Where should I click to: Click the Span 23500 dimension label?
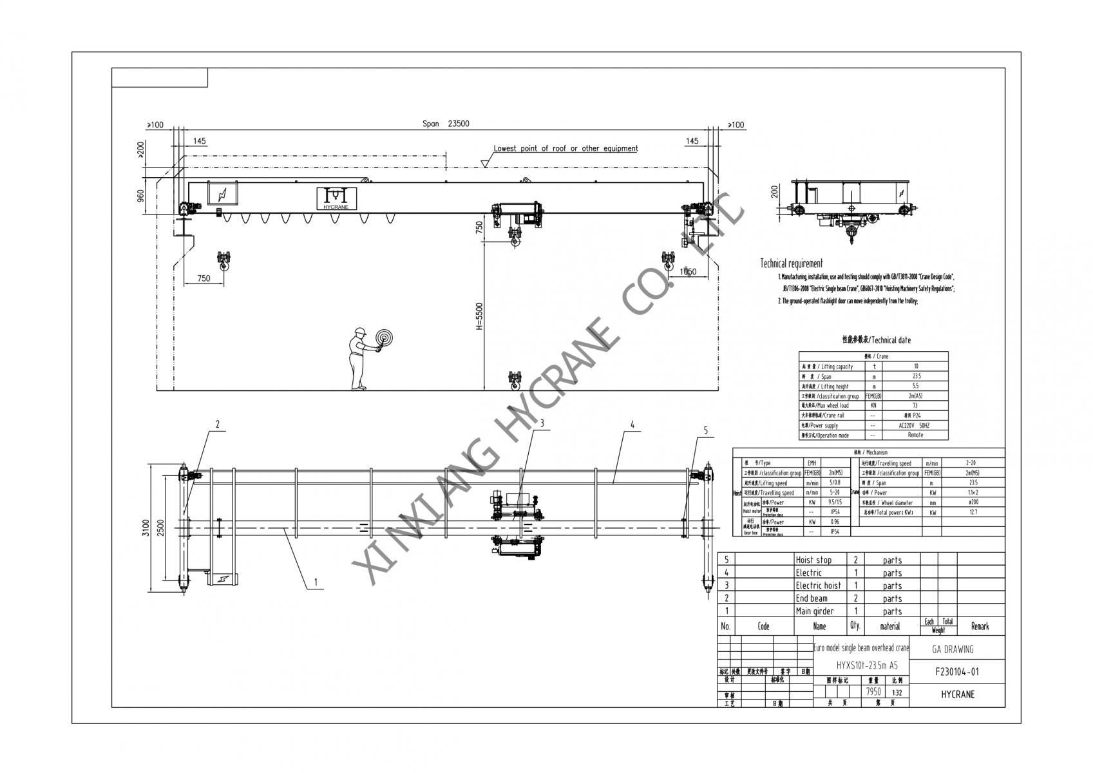pos(446,124)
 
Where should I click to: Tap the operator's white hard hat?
pos(359,332)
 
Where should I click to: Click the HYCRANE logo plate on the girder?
pos(336,198)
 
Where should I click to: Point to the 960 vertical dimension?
pos(140,195)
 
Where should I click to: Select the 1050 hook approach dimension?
pos(688,271)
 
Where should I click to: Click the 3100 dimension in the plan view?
pos(146,528)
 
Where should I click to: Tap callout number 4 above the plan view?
pos(632,425)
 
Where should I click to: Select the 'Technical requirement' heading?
pos(791,263)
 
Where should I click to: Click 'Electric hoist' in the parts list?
pos(818,586)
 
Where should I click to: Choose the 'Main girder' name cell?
pos(814,611)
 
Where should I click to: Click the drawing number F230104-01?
pos(957,672)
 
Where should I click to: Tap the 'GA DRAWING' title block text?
pos(953,649)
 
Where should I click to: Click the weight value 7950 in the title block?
pos(873,692)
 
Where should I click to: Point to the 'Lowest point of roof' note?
pos(566,149)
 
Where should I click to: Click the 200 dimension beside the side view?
pos(775,192)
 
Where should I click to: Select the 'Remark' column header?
pos(980,626)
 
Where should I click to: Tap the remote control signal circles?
pos(384,338)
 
